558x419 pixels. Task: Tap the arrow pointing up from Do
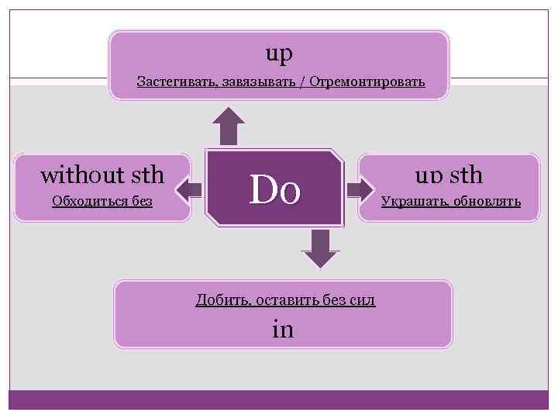click(x=229, y=126)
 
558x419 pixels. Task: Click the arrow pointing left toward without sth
click(x=188, y=189)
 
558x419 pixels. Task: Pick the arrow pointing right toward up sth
click(x=359, y=189)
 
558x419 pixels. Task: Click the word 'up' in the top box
click(x=279, y=54)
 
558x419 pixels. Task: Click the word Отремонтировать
click(x=367, y=81)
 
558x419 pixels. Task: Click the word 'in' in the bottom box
click(x=283, y=329)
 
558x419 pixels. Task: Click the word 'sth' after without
click(x=145, y=175)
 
